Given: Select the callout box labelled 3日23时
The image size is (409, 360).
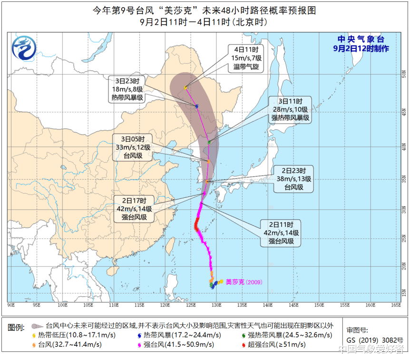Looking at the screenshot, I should coord(127,89).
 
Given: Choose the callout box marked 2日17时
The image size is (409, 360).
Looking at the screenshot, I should coord(134,209).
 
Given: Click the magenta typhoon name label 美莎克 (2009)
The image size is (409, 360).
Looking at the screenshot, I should coord(243,282).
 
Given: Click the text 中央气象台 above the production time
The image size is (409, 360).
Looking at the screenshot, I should coord(360,39).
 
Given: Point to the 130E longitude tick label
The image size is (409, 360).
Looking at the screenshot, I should coord(216,304).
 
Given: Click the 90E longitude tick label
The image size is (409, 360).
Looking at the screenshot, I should coord(11,304).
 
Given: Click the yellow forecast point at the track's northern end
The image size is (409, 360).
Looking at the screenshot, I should coord(185,87).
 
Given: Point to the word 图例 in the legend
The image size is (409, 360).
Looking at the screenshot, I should coord(17,327).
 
